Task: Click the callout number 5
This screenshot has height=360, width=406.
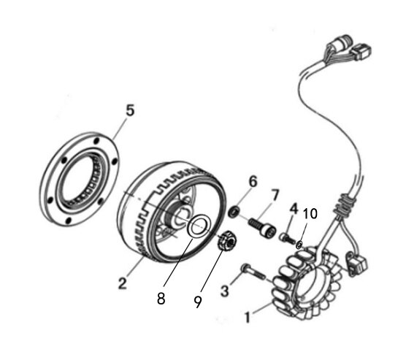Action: point(130,110)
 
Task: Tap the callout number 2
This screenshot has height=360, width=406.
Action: point(123,283)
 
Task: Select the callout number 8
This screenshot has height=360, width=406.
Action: point(161,299)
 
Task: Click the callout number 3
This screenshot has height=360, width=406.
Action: point(225,291)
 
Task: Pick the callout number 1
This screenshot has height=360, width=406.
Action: point(248,318)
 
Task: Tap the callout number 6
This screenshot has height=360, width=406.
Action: point(253,181)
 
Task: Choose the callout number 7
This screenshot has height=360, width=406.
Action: point(275,195)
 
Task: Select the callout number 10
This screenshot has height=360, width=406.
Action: point(310,214)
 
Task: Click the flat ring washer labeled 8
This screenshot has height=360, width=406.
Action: point(199,226)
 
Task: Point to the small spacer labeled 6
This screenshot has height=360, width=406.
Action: point(234,212)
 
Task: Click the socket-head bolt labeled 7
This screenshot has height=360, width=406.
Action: point(262,227)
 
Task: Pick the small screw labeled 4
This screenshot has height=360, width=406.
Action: point(288,238)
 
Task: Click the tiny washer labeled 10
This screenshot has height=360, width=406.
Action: point(299,245)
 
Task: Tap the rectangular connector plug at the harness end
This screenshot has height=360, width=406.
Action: point(361,52)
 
